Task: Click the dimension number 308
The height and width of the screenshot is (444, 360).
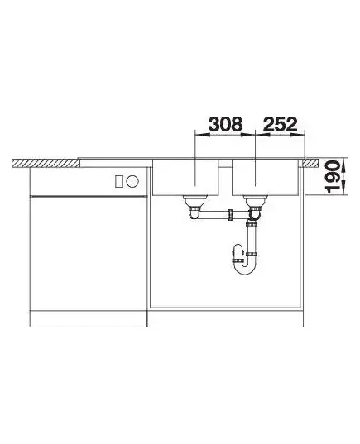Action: click(x=225, y=124)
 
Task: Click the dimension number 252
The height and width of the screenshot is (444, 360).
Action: click(x=280, y=124)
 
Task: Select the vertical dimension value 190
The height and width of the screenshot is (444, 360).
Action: click(x=333, y=177)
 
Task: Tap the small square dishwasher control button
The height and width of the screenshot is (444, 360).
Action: click(x=119, y=181)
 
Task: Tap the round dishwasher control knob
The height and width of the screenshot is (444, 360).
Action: click(x=132, y=181)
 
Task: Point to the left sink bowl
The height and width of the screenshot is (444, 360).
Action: click(x=185, y=177)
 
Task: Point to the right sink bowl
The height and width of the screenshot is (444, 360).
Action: click(x=266, y=177)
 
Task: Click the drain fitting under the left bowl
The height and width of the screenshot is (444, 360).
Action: click(x=194, y=202)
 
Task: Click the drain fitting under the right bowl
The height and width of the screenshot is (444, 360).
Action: click(x=255, y=202)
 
